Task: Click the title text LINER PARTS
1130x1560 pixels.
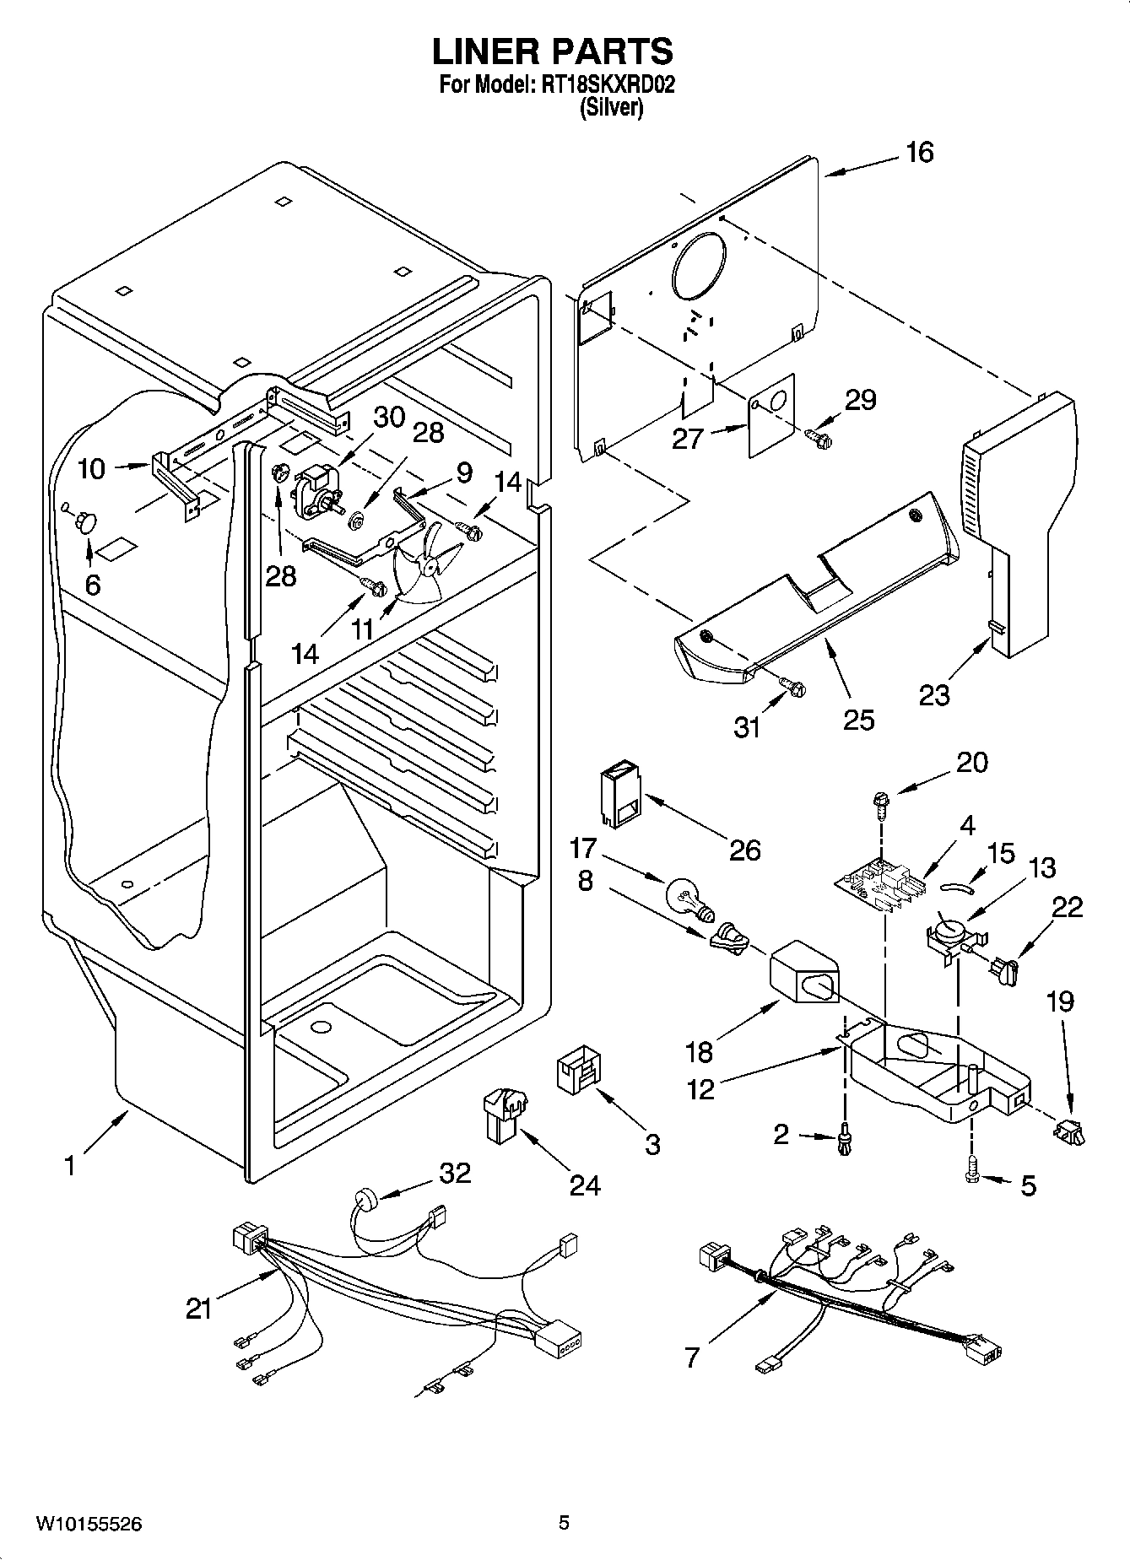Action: click(x=553, y=52)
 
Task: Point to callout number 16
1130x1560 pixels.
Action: click(x=920, y=153)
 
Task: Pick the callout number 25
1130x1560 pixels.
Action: click(x=858, y=719)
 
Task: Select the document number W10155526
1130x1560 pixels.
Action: click(x=88, y=1523)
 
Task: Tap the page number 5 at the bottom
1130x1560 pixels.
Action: click(x=564, y=1522)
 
